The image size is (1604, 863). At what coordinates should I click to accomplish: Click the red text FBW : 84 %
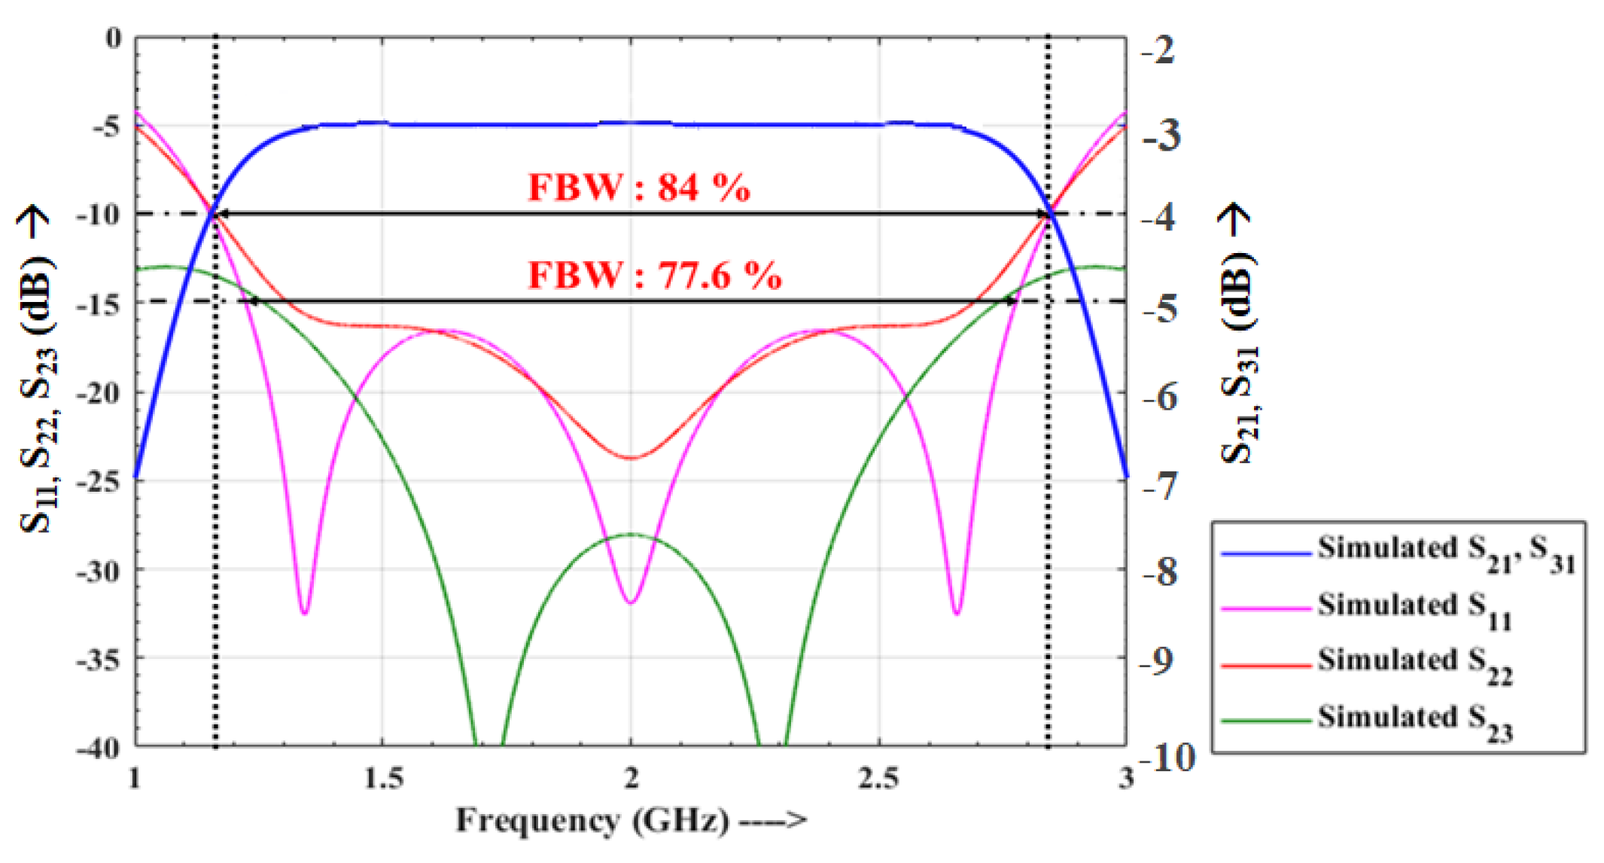click(x=638, y=187)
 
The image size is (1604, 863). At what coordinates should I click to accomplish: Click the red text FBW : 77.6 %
click(x=654, y=275)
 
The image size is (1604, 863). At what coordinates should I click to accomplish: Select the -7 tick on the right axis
click(x=1158, y=486)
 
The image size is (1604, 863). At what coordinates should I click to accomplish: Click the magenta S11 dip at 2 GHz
click(x=631, y=602)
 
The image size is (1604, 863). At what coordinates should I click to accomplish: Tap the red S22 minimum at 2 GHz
click(x=631, y=457)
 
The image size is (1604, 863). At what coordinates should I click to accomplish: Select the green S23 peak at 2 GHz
click(x=631, y=535)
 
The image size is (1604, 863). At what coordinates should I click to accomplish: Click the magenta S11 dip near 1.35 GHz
click(x=304, y=612)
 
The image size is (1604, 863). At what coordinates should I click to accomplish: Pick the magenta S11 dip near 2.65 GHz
click(x=957, y=612)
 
